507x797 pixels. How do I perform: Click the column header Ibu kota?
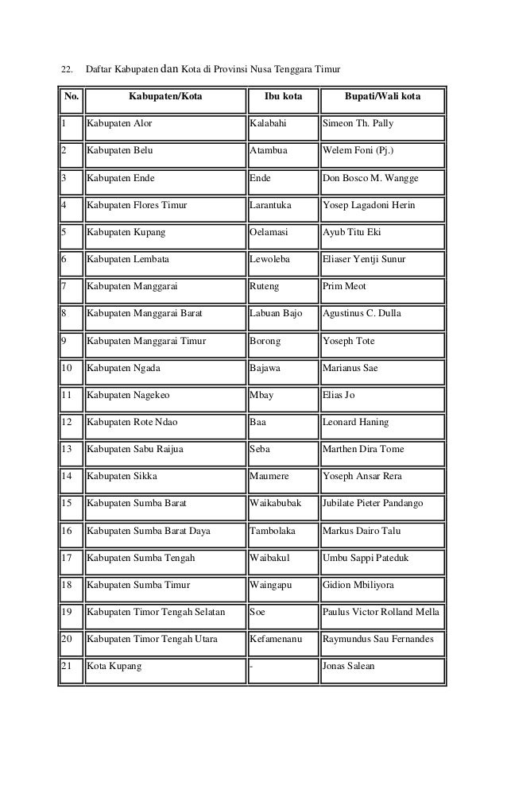(282, 99)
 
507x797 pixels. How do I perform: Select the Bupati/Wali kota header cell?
(383, 99)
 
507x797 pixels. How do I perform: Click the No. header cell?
(71, 99)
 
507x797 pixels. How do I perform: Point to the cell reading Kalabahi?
(268, 125)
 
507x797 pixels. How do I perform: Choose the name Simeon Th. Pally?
(358, 125)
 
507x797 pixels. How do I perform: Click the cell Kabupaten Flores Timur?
(137, 206)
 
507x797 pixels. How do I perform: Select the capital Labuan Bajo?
(276, 314)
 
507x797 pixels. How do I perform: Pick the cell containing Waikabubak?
(276, 504)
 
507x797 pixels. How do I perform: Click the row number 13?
(67, 450)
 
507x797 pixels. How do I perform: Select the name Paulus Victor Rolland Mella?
(381, 612)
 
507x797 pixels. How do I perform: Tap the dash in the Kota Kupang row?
(251, 666)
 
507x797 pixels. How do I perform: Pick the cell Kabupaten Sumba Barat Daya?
(149, 531)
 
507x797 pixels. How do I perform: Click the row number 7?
(64, 287)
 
